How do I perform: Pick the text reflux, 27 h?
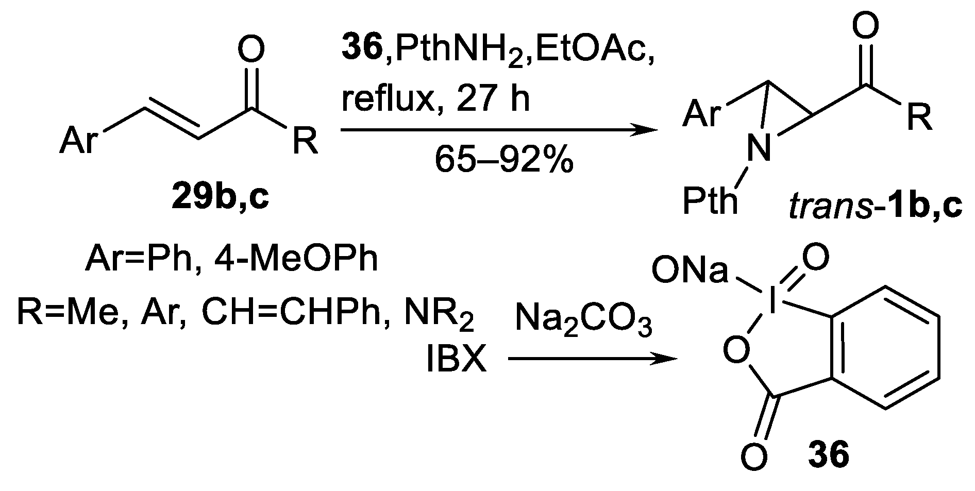436,99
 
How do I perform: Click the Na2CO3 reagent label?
583,323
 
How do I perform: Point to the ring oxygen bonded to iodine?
736,351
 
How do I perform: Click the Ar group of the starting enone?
78,140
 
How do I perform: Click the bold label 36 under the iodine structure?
828,455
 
